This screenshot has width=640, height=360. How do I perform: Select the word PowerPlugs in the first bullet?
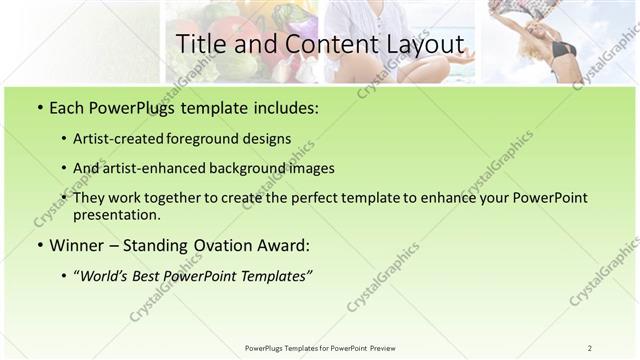(123, 106)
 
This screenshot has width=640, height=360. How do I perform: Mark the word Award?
(286, 245)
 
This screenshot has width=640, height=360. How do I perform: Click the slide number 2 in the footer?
(590, 348)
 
